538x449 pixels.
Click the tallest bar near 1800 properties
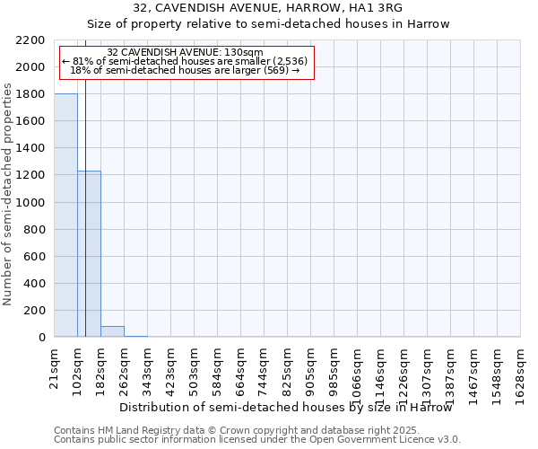coord(65,216)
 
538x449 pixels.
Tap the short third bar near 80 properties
coord(112,331)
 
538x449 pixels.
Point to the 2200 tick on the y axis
coord(30,40)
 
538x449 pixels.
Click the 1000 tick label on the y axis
coord(30,202)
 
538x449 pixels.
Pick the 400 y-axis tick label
coord(33,284)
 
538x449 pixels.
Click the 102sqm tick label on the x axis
coord(78,366)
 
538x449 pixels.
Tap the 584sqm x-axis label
coord(218,366)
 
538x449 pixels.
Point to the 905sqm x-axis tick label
coord(311,366)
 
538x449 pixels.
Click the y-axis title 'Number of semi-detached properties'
coord(9,194)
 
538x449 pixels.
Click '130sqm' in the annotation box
coord(244,53)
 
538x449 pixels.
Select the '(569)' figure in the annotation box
coord(275,69)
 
